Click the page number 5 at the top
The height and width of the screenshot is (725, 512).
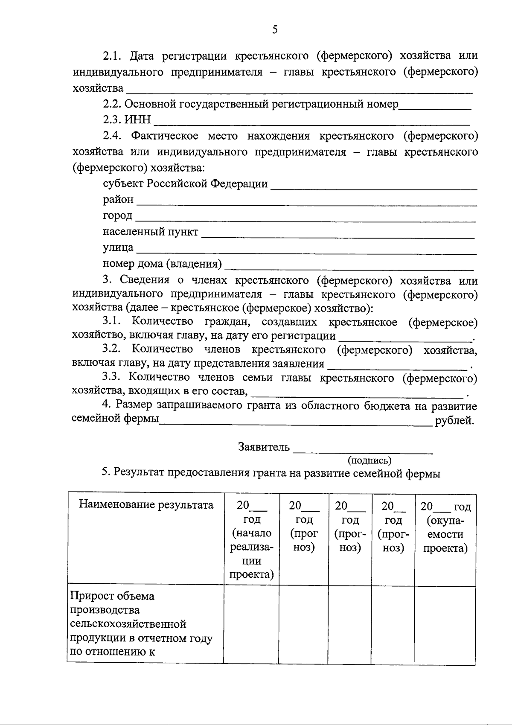[275, 29]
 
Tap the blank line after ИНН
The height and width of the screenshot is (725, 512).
[311, 122]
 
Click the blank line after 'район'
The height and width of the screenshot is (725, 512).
[306, 202]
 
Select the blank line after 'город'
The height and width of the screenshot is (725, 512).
[305, 218]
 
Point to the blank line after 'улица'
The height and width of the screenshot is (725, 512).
[306, 251]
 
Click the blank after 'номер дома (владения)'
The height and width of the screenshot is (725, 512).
[349, 267]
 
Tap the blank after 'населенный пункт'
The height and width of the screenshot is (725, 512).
[338, 234]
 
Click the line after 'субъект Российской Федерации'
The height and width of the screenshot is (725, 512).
[374, 186]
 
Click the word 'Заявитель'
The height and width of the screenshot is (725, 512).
[264, 447]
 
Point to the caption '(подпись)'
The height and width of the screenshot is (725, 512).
[369, 460]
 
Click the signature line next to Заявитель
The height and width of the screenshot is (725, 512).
[363, 450]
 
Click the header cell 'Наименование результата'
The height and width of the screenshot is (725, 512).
[146, 505]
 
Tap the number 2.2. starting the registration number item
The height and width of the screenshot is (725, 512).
[112, 104]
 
